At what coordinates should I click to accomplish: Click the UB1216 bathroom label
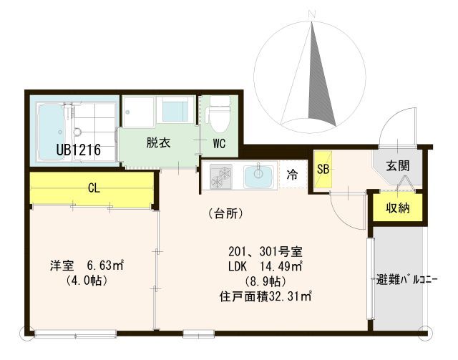point(78,150)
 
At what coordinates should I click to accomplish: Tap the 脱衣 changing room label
point(158,143)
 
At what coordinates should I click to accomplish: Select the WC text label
point(219,143)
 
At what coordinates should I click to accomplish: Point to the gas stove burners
point(221,176)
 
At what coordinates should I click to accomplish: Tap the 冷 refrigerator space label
point(292,175)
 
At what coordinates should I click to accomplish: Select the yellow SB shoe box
point(323,169)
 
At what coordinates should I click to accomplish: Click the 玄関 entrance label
point(398,165)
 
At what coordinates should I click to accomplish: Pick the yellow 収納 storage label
point(398,208)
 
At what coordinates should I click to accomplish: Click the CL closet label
point(94,188)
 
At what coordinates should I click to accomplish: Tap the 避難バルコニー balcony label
point(406,280)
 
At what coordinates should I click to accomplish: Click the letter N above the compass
point(313,14)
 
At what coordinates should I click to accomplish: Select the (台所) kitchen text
point(226,214)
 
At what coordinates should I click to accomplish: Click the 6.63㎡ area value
point(105,266)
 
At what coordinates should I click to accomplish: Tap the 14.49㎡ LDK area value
point(281,266)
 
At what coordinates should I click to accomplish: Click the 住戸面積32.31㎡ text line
point(265,297)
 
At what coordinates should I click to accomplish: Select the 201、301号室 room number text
point(265,251)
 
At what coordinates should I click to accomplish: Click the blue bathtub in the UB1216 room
point(52,131)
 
